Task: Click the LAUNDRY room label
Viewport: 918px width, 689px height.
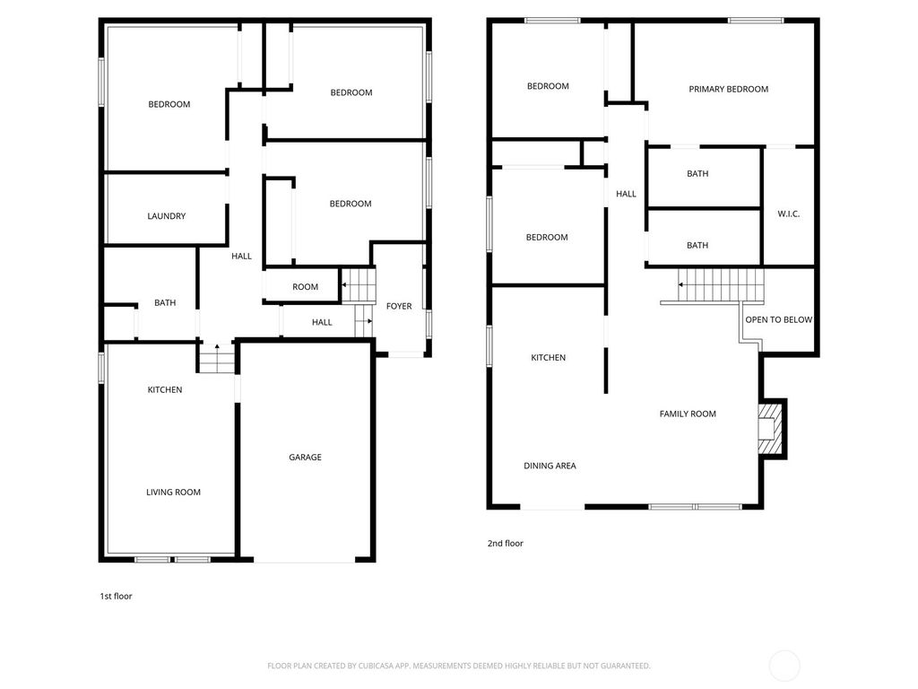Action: pos(166,216)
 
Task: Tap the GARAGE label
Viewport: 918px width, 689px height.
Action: pos(305,458)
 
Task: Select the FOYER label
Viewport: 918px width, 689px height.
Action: pos(399,307)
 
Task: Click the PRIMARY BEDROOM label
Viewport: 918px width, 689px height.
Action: pos(728,89)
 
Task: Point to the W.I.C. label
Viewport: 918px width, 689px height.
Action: pos(788,214)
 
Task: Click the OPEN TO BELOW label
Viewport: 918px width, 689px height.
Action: pos(778,319)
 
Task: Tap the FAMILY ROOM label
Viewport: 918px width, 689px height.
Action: pos(688,414)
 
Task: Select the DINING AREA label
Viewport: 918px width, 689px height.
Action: pos(550,466)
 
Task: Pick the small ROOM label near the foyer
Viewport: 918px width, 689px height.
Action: pos(305,287)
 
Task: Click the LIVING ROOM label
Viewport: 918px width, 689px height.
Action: pos(173,492)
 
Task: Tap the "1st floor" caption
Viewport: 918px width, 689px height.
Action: pos(116,596)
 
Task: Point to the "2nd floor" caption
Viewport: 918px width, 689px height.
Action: pos(505,544)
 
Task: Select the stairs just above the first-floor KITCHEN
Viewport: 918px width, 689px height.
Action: pos(215,361)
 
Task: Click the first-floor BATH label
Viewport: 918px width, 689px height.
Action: pos(165,303)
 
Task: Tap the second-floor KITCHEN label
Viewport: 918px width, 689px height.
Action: pos(548,358)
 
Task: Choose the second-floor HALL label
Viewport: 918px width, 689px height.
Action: pos(626,194)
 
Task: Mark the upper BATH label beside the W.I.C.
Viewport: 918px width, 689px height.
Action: pos(697,174)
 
